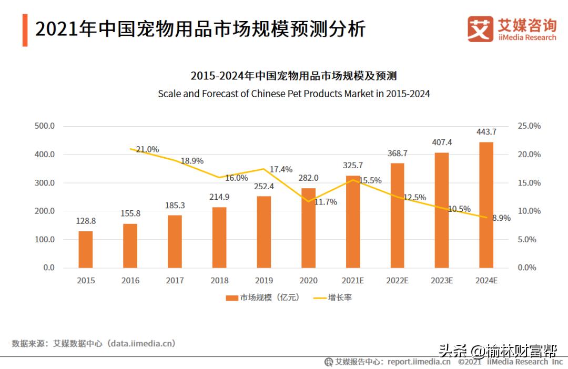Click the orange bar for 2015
(86, 249)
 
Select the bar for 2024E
(486, 205)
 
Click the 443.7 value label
(486, 132)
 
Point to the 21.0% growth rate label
(147, 149)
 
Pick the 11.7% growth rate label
(326, 202)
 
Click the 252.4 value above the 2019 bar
(264, 187)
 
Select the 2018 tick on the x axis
(219, 281)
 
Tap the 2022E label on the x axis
(397, 281)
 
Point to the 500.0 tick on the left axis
(45, 126)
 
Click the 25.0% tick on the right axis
(529, 126)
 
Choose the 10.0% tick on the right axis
(529, 211)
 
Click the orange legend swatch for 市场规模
(232, 298)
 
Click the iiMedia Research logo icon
(480, 29)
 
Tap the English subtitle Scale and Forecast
(294, 94)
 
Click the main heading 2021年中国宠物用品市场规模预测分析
(200, 29)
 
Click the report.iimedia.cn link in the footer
(419, 362)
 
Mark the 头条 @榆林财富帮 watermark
(498, 350)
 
